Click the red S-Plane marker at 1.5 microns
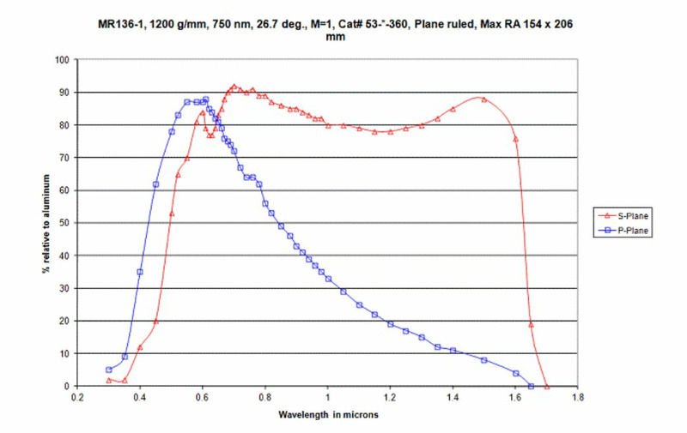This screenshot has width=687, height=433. coord(484,99)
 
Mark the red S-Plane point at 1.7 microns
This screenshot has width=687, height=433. coord(546,386)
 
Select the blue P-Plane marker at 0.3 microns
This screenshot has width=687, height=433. coord(109,370)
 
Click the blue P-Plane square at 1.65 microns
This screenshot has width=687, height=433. coord(531,386)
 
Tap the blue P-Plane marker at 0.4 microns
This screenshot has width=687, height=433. coord(140,272)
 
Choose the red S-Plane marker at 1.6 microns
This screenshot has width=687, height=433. coord(515,138)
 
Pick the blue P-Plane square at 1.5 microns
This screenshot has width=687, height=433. coord(484,360)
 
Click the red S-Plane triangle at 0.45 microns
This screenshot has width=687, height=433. coord(155,322)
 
